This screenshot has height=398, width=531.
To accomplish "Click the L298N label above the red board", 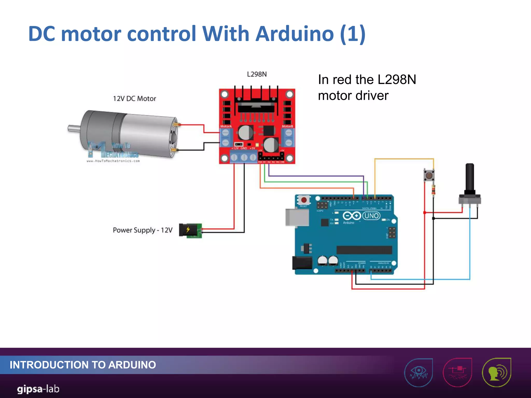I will click(257, 74).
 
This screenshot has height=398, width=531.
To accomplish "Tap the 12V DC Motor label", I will click(134, 99).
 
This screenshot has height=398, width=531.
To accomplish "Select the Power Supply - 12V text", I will click(142, 230).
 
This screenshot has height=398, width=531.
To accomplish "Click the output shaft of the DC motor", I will click(74, 128).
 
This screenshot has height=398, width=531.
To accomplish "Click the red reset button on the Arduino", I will click(304, 200).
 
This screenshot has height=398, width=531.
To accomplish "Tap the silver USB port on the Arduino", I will click(297, 217).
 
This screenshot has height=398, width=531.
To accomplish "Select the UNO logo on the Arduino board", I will click(371, 216).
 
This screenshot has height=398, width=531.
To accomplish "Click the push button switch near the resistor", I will click(429, 176).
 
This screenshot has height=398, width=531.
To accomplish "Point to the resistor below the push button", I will click(433, 190).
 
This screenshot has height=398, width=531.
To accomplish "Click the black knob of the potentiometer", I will click(470, 179).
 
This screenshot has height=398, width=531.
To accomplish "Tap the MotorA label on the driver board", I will click(226, 126).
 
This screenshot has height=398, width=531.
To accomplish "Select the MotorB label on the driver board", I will click(287, 126).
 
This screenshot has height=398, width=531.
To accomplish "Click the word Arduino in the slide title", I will click(295, 34).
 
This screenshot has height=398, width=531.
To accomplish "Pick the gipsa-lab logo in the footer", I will click(38, 389).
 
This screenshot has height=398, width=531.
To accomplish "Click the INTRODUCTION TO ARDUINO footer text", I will click(83, 365).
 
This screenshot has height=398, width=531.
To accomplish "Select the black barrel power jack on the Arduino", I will click(302, 263).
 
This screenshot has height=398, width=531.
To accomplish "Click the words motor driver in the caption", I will click(353, 96).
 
